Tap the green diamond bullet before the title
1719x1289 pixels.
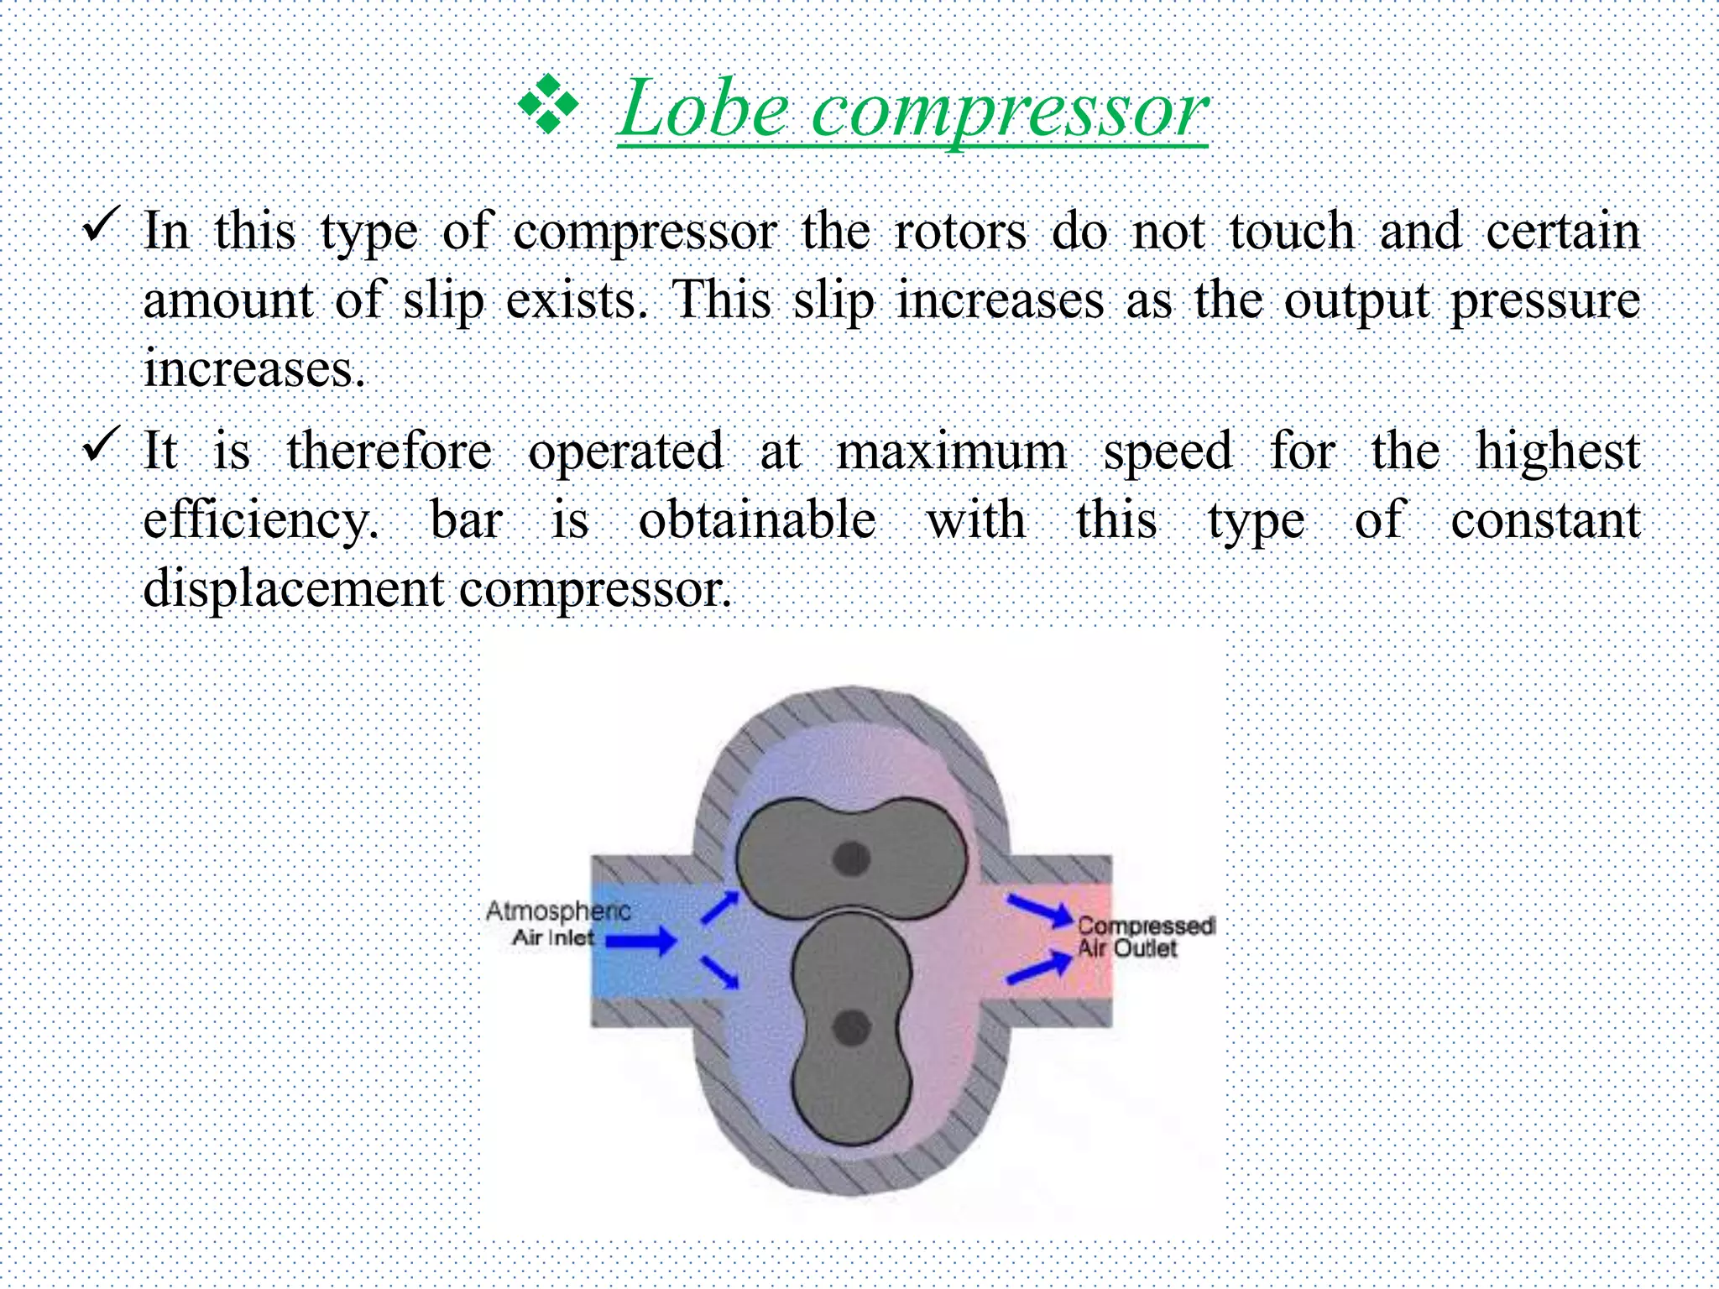pos(548,104)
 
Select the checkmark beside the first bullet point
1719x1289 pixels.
pos(102,226)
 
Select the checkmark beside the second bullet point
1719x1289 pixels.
pos(102,445)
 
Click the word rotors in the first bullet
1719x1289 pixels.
pos(960,231)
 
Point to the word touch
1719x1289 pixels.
pos(1292,231)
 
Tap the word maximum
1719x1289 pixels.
pos(952,451)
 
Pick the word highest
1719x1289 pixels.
pos(1557,451)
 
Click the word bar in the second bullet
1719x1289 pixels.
pos(466,519)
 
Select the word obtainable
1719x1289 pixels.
pos(757,519)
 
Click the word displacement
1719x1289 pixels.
pos(293,589)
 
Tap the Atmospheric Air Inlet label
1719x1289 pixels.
pos(557,923)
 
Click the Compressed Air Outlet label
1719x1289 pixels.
pos(1145,937)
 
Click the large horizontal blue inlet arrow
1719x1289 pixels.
pos(641,941)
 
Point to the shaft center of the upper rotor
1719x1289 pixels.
pos(851,858)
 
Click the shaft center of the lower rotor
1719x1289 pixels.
pos(851,1028)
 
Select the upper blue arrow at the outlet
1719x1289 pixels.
pos(1040,910)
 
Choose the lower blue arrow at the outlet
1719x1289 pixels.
pos(1039,967)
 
